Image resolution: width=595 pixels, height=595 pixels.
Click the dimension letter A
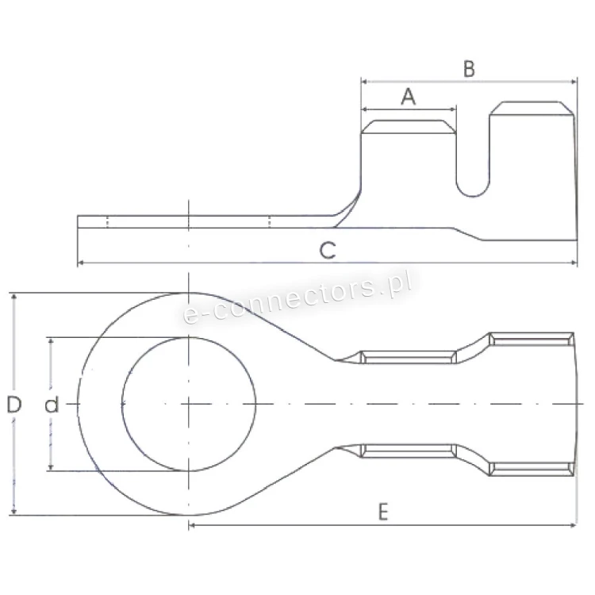click(409, 96)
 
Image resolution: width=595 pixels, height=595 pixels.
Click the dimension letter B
click(470, 69)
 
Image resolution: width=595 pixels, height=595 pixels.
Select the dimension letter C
click(328, 251)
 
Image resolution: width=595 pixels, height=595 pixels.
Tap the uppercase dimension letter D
click(14, 404)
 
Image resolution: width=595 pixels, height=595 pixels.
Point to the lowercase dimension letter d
click(52, 404)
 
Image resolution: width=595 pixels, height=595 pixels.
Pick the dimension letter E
click(383, 512)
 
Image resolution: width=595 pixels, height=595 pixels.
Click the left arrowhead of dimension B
click(364, 81)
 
